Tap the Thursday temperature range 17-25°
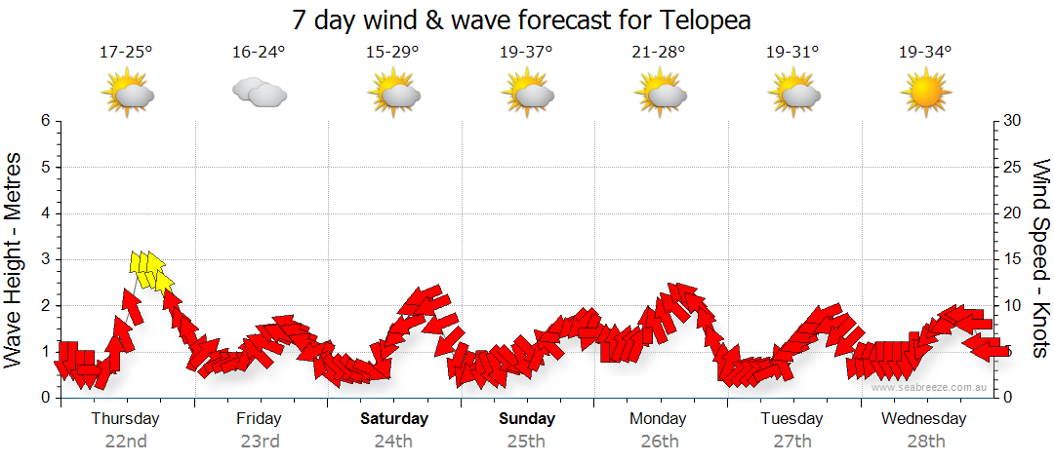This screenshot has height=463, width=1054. (126, 53)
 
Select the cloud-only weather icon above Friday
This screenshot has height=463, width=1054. (260, 93)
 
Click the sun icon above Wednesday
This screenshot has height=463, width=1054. (925, 95)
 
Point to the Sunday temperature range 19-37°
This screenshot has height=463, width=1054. (526, 53)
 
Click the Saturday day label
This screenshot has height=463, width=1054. (393, 419)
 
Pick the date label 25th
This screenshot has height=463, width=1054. (526, 441)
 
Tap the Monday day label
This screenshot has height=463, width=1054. (659, 419)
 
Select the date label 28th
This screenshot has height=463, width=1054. (924, 441)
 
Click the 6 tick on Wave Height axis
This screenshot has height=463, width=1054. (45, 121)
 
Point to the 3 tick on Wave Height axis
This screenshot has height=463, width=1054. (45, 259)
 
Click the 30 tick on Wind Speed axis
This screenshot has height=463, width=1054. (1013, 121)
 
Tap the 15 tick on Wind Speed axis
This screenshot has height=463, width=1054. (1013, 259)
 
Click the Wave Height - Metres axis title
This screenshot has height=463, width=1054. (16, 259)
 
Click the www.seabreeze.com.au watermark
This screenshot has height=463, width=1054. (931, 387)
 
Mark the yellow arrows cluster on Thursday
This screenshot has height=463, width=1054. (149, 270)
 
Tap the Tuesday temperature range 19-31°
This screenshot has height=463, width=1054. (791, 53)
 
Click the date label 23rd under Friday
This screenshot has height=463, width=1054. (259, 441)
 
